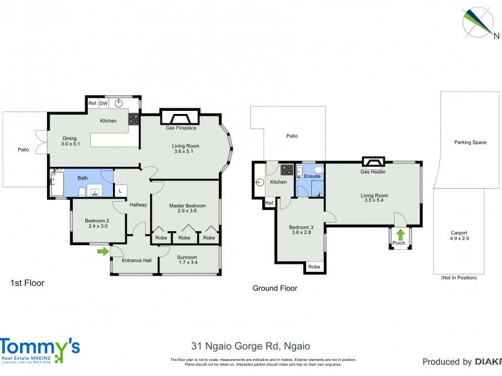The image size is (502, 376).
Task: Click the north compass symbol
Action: [x=478, y=22]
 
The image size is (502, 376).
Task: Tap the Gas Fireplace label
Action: [x=181, y=128]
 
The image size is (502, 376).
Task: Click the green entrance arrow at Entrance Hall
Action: [x=102, y=252]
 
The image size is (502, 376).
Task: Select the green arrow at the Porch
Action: [x=400, y=234]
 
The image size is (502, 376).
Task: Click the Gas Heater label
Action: [x=373, y=172]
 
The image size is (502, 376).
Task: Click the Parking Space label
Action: [x=470, y=142]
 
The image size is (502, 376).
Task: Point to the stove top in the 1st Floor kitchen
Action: [x=134, y=118]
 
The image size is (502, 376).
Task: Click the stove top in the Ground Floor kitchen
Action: [x=287, y=169]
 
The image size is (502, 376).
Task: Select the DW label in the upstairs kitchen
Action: [x=103, y=103]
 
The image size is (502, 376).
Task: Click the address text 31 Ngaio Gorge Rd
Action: [x=250, y=346]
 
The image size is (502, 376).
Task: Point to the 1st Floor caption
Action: [x=27, y=283]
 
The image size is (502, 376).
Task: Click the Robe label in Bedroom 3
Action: [x=314, y=267]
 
